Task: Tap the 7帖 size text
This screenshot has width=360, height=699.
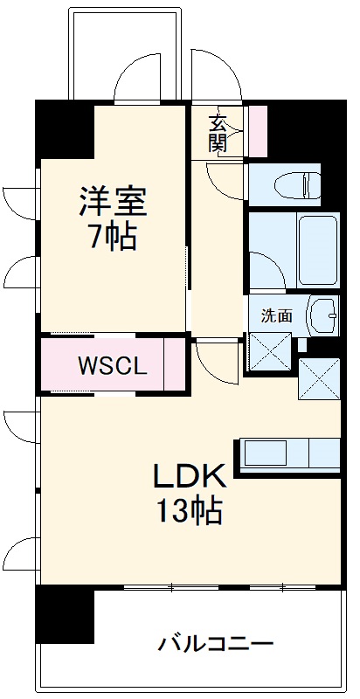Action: pos(113,237)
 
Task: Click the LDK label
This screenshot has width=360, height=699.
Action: pos(190,476)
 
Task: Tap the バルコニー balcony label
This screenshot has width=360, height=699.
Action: pos(216,646)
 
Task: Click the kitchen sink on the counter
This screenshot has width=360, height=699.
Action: pos(266,453)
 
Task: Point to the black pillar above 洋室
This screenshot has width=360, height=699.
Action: pos(64,128)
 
